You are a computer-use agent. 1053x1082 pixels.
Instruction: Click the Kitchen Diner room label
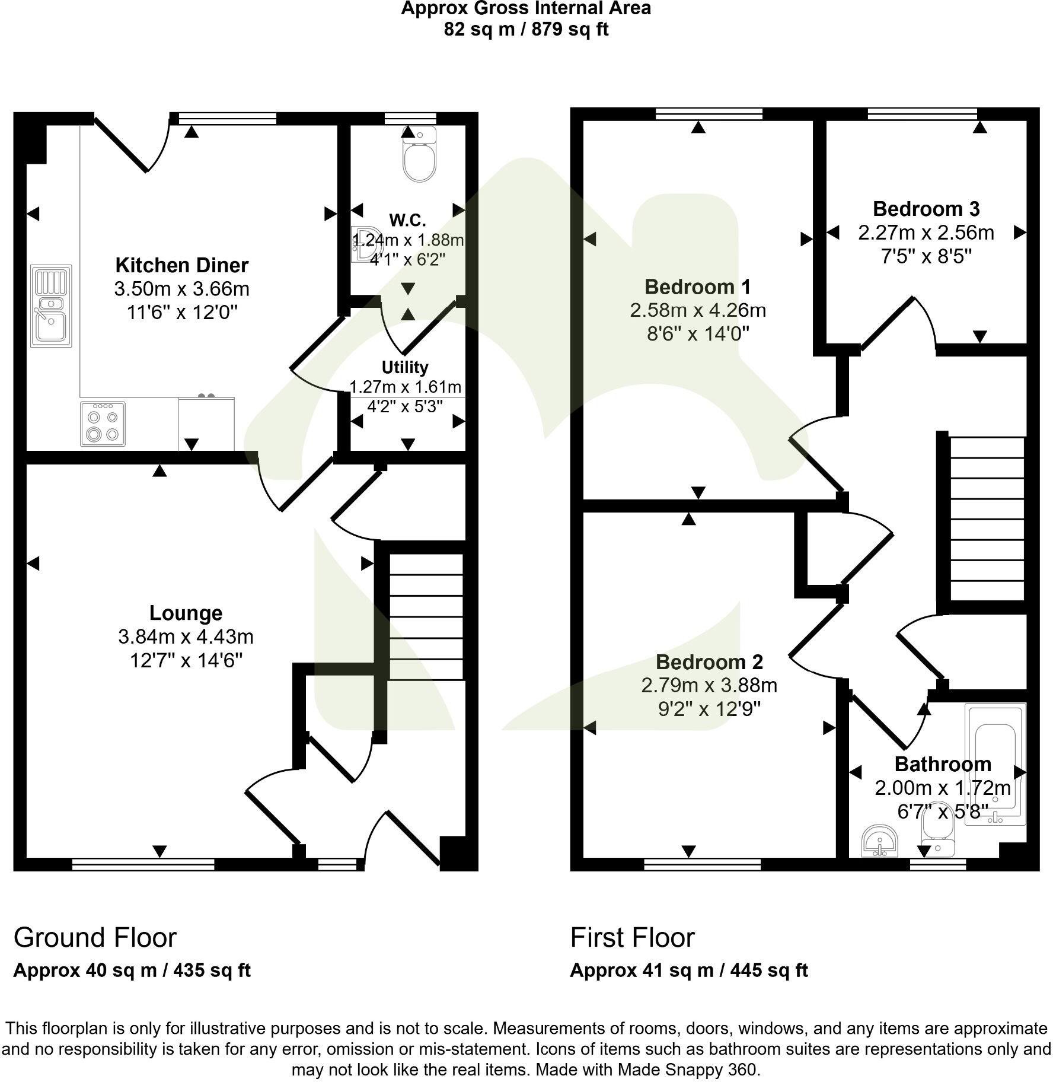181,265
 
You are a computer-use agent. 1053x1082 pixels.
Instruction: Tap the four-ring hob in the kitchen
103,424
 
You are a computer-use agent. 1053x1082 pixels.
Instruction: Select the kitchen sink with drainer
51,305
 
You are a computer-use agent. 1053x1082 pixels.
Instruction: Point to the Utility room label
405,367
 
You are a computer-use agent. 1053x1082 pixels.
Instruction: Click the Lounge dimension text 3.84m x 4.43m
186,637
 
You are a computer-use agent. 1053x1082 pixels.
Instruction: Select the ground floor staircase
426,617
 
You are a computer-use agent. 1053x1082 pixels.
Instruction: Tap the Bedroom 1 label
697,287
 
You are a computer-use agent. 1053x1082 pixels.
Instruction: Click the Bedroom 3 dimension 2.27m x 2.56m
926,233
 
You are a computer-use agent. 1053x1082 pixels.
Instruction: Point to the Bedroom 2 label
709,662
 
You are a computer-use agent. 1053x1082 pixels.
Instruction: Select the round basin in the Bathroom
880,841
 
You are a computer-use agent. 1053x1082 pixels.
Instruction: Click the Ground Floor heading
95,938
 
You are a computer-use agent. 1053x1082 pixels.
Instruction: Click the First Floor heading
632,938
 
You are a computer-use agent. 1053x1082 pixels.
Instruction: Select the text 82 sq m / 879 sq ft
526,30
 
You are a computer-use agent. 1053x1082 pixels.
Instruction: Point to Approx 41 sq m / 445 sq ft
688,970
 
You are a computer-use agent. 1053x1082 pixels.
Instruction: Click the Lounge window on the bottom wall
143,865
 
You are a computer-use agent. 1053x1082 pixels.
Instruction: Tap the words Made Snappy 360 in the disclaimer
687,1070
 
